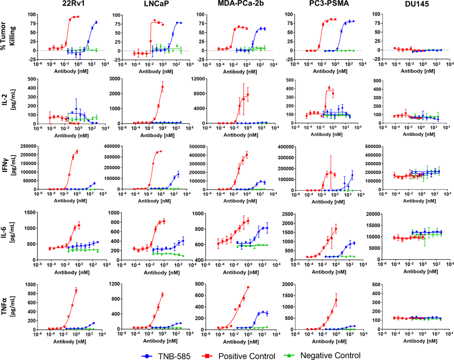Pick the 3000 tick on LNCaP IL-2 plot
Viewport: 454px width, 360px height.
click(x=112, y=79)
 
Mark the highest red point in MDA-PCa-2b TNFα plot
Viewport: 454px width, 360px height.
click(x=248, y=287)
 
